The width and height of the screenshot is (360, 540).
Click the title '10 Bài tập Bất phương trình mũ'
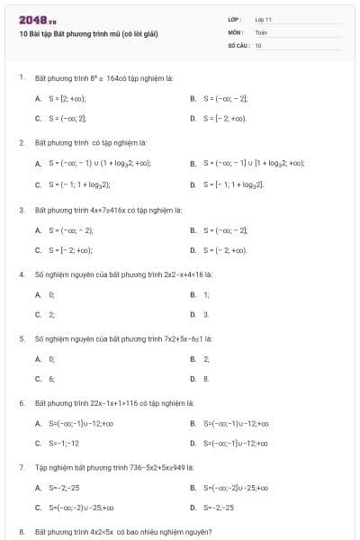[88, 33]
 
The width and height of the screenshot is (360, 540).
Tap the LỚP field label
[234, 19]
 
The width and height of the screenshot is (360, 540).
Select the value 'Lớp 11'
[263, 19]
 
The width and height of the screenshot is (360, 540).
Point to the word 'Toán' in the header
[261, 31]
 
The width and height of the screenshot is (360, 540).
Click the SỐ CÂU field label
[237, 44]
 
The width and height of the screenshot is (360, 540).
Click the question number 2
[21, 142]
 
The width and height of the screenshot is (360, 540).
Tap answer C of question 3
[62, 250]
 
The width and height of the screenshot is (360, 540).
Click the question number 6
[21, 403]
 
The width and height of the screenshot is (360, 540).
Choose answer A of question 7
[57, 489]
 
